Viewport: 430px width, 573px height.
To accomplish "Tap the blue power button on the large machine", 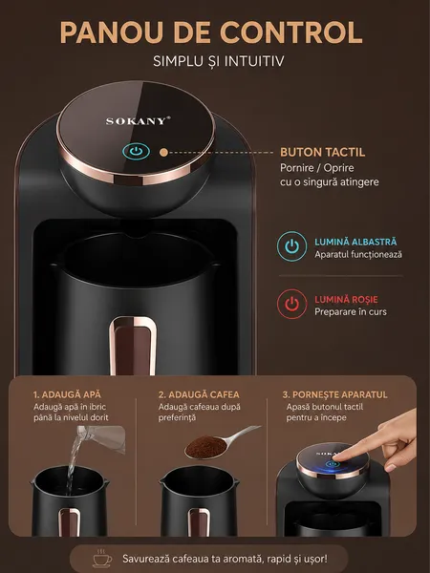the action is [136, 151].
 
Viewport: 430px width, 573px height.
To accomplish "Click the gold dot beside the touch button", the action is [164, 153].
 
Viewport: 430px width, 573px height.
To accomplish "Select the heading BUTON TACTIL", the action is [323, 152].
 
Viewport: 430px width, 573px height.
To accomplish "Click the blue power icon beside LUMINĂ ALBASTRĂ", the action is [291, 246].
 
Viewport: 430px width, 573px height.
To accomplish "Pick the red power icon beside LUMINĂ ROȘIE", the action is [291, 304].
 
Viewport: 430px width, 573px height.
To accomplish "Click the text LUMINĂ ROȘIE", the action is [346, 299].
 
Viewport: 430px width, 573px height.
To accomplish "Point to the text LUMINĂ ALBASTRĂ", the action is [355, 242].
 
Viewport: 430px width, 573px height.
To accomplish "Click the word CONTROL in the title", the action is [291, 32].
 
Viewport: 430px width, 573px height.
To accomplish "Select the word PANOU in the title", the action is [111, 32].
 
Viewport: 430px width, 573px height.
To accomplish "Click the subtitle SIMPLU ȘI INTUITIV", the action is [218, 61].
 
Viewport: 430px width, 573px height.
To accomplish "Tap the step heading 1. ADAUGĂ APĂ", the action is [67, 394].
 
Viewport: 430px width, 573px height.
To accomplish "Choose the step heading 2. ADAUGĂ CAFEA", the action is [199, 394].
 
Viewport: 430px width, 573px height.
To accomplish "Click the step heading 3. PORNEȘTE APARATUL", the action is [335, 394].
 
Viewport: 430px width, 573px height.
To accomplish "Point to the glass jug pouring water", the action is [102, 438].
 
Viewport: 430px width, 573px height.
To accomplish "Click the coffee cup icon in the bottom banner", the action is [102, 559].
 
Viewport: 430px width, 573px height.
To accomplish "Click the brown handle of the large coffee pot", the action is [133, 346].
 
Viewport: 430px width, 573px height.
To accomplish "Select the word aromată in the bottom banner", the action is [247, 559].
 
